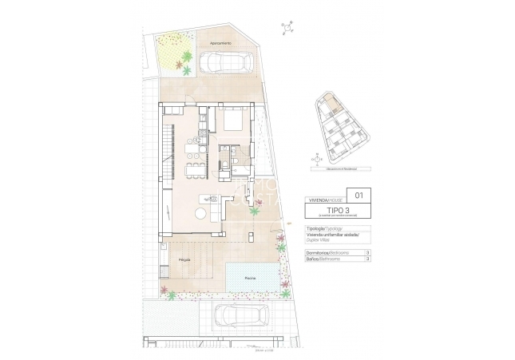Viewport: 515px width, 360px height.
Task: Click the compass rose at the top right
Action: click(285, 30)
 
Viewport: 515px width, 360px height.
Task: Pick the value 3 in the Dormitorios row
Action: click(366, 252)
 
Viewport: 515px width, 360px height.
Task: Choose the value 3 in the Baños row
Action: click(366, 259)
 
